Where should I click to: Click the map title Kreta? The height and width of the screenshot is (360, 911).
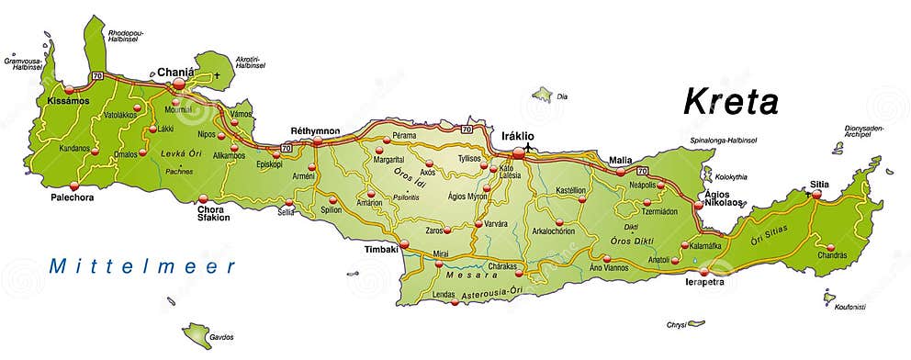tap(731, 103)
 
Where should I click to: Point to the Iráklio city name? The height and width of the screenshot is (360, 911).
tap(517, 136)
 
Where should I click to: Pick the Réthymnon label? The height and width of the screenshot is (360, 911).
tap(315, 130)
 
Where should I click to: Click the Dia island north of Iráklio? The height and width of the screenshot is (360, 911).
tap(543, 94)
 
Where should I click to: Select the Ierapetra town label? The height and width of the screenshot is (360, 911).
tap(704, 282)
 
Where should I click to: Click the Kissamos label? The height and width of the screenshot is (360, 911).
tap(69, 100)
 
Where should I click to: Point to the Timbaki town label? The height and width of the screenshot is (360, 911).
tap(380, 249)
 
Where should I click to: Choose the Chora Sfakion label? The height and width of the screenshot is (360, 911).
tap(214, 213)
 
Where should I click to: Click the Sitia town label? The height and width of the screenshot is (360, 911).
tap(819, 184)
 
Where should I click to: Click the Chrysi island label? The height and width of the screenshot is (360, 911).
tap(676, 324)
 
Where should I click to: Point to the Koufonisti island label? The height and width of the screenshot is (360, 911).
tap(851, 307)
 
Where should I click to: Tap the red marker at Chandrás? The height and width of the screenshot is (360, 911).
tap(831, 246)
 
